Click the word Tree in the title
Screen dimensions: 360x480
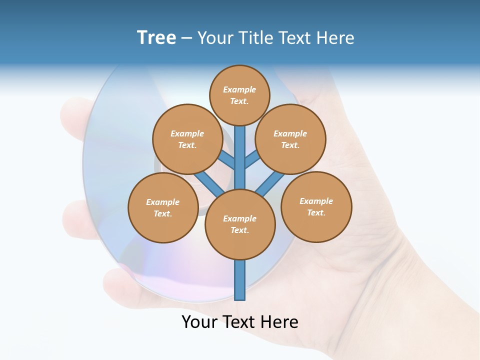tap(156, 38)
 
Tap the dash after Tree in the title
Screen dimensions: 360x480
tap(186, 38)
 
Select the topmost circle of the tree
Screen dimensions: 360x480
tap(239, 95)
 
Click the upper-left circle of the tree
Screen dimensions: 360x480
tap(187, 139)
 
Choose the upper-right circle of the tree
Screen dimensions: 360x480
tap(290, 139)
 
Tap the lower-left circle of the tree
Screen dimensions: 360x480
tap(163, 207)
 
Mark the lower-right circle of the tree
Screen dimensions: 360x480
tap(316, 206)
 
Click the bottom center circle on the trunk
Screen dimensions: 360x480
tap(240, 224)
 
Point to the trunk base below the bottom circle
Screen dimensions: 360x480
tap(240, 280)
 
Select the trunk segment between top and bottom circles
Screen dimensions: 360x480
tap(240, 157)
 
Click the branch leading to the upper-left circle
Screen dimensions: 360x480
tap(227, 160)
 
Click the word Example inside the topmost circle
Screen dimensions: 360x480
tap(239, 89)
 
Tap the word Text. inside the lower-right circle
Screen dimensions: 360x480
tap(316, 212)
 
